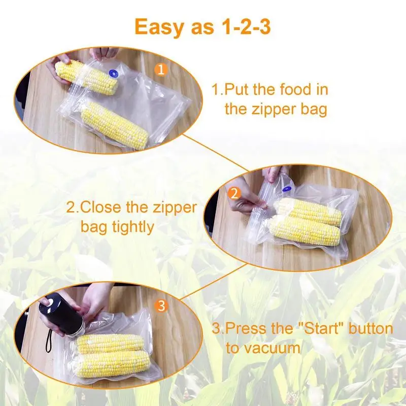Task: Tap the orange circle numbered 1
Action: click(161, 70)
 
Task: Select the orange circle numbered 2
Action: click(234, 193)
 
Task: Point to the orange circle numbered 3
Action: click(161, 306)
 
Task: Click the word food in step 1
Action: click(295, 89)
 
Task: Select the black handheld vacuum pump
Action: click(61, 317)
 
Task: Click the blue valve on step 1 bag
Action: click(113, 74)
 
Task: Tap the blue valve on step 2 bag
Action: click(286, 188)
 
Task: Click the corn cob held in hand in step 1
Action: click(86, 77)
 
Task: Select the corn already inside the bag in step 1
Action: click(115, 126)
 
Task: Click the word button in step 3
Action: click(370, 328)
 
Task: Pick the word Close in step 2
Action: click(101, 208)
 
